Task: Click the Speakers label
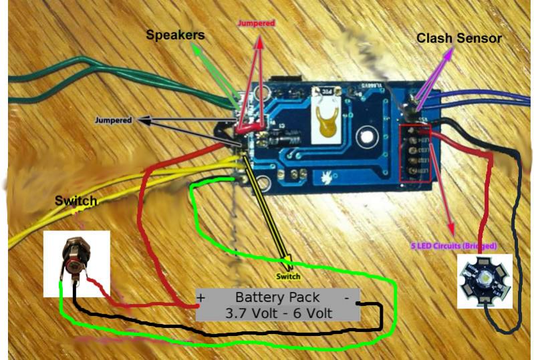click(176, 33)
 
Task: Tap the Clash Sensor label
click(458, 38)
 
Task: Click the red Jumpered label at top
click(257, 23)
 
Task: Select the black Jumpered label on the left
click(113, 120)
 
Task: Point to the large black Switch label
click(76, 200)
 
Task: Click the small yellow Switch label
click(288, 276)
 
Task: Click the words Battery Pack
click(277, 297)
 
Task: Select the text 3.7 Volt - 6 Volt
click(277, 313)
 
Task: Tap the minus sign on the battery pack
click(347, 296)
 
